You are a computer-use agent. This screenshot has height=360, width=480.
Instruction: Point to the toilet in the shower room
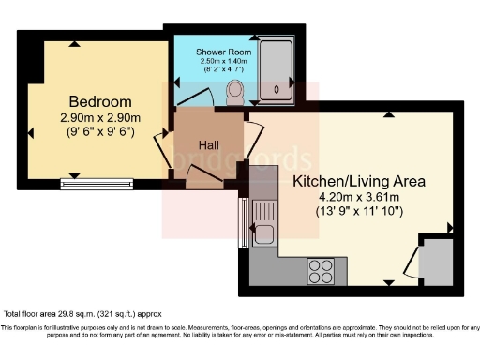(x=235, y=92)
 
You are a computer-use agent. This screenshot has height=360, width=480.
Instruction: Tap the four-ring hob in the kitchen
(x=321, y=270)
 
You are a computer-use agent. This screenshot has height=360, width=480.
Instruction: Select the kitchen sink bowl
(x=264, y=233)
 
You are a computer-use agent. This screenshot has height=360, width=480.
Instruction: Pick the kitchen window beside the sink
(x=244, y=223)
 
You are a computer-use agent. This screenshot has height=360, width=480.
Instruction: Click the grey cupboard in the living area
(x=436, y=262)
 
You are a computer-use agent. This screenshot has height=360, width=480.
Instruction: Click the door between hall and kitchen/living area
(x=253, y=131)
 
